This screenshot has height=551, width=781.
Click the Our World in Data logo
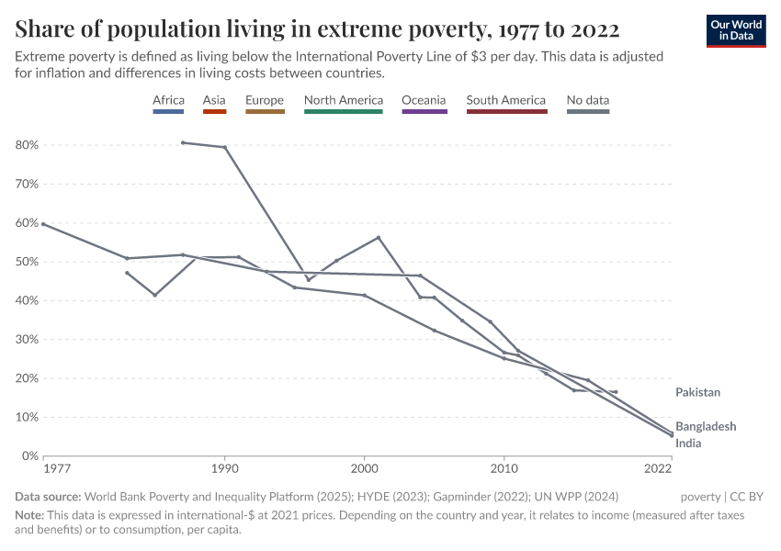click(736, 30)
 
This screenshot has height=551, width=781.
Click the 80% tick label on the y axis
click(27, 145)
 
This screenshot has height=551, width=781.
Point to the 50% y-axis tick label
click(27, 262)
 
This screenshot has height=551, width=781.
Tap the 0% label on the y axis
click(29, 455)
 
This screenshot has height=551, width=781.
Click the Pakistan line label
click(698, 392)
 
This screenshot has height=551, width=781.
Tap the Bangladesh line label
click(706, 426)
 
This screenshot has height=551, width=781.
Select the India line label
click(688, 444)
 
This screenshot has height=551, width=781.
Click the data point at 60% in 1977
click(43, 224)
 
